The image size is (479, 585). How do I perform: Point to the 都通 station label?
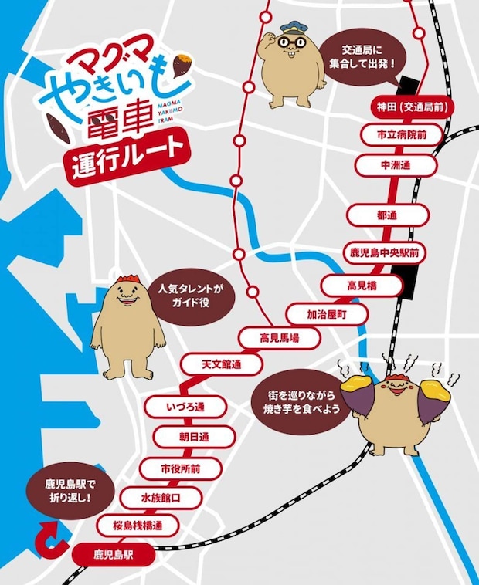point(387,215)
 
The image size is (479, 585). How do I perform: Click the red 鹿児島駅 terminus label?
point(114,554)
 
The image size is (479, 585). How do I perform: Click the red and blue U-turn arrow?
point(52,540)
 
